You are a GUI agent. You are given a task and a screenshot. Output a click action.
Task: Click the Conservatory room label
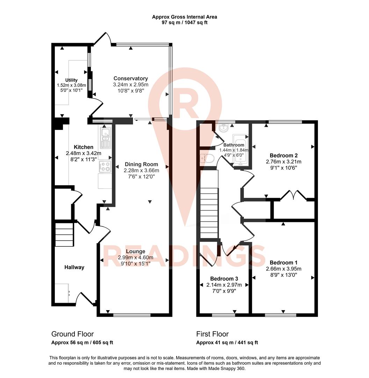(x=131, y=78)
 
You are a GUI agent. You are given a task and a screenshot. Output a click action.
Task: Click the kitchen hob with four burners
(x=105, y=167)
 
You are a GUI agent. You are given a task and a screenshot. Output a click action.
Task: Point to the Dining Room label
(x=141, y=164)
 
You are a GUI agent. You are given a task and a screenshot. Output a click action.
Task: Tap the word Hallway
(x=74, y=267)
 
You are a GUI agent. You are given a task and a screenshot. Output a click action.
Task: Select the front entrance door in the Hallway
(x=84, y=299)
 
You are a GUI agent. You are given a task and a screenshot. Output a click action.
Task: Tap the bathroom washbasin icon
(x=223, y=128)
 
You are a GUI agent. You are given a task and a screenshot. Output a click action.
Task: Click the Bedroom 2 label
(x=283, y=155)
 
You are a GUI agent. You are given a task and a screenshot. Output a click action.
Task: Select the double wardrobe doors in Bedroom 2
(x=293, y=195)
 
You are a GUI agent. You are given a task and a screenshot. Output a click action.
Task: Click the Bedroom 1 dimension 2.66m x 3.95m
(x=283, y=269)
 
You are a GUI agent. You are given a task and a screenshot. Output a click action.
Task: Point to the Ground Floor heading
(x=72, y=334)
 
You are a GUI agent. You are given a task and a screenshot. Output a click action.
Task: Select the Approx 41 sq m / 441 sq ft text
(x=227, y=343)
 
